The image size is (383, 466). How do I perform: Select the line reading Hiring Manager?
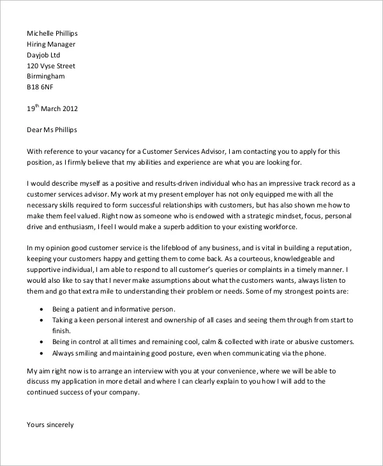coord(51,44)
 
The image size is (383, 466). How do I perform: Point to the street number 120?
coord(33,66)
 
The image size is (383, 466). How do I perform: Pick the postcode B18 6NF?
coord(41,87)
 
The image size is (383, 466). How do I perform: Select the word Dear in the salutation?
coord(36,130)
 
